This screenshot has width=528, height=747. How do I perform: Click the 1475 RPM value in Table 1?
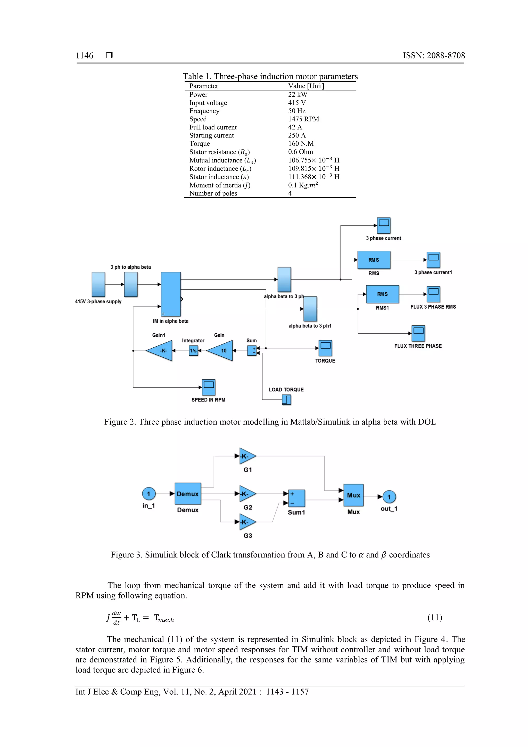pyautogui.click(x=303, y=119)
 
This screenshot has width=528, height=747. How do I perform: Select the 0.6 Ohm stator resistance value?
pyautogui.click(x=300, y=152)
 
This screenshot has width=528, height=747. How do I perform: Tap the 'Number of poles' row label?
pyautogui.click(x=213, y=193)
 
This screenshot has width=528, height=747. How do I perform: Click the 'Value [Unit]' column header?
pyautogui.click(x=306, y=86)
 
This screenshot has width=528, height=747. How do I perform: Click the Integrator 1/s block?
pyautogui.click(x=193, y=351)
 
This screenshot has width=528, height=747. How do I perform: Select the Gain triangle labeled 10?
pyautogui.click(x=221, y=351)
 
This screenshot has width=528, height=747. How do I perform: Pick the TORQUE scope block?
pyautogui.click(x=325, y=348)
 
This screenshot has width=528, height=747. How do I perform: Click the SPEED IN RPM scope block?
pyautogui.click(x=209, y=387)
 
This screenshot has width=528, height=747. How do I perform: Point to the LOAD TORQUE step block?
pyautogui.click(x=286, y=399)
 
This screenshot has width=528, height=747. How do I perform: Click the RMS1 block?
pyautogui.click(x=382, y=294)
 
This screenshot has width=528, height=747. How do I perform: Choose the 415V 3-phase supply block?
pyautogui.click(x=98, y=284)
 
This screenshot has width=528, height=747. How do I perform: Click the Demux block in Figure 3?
pyautogui.click(x=188, y=494)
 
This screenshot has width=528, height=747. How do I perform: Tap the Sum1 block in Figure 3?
pyautogui.click(x=297, y=498)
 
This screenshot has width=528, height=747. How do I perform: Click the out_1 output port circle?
pyautogui.click(x=389, y=497)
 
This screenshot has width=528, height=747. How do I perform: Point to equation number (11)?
pyautogui.click(x=435, y=617)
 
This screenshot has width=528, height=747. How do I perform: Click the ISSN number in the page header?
pyautogui.click(x=434, y=56)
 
